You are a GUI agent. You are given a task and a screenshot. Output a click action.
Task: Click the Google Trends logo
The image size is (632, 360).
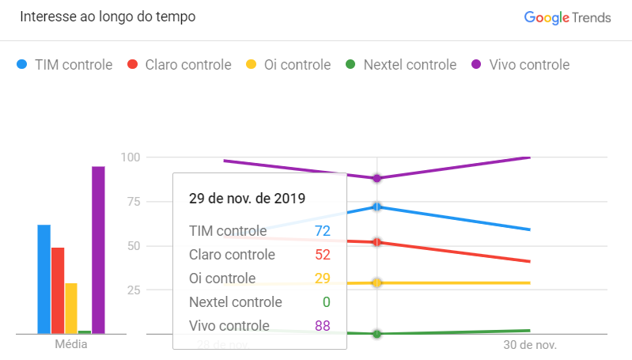[x=567, y=17]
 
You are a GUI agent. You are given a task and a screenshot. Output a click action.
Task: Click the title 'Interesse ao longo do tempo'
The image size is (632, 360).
[x=108, y=17]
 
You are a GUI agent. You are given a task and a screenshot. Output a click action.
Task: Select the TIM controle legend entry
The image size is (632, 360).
[x=65, y=65]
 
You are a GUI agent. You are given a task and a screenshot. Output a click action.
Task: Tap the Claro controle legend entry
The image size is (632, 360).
[x=180, y=65]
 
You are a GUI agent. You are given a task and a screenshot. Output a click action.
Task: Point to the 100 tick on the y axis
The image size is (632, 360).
[x=131, y=157]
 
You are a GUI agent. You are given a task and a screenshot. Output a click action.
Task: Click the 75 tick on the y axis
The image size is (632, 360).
[x=134, y=202]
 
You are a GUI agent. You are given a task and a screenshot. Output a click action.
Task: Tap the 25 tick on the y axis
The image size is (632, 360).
[x=134, y=290]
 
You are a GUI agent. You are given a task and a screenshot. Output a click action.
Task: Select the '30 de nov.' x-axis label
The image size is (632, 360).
[x=530, y=346]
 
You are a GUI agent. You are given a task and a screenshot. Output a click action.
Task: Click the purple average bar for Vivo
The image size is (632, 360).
[x=98, y=249]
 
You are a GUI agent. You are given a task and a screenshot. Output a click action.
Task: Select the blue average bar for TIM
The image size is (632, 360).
[x=44, y=279]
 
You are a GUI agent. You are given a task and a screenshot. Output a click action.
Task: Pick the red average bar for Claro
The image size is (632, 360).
[x=58, y=290]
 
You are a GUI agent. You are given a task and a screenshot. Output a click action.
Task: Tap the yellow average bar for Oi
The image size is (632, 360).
[x=71, y=308]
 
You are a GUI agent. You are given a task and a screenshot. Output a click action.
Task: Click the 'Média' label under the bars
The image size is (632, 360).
[x=71, y=345]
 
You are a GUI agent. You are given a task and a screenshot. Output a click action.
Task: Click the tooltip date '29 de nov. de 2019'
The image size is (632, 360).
[x=247, y=198]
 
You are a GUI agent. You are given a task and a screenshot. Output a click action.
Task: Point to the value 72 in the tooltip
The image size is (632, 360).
[x=321, y=231]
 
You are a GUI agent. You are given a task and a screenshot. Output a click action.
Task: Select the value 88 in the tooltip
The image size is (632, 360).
[x=321, y=326]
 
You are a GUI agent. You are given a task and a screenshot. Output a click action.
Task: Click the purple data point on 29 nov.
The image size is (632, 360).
[x=377, y=178]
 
